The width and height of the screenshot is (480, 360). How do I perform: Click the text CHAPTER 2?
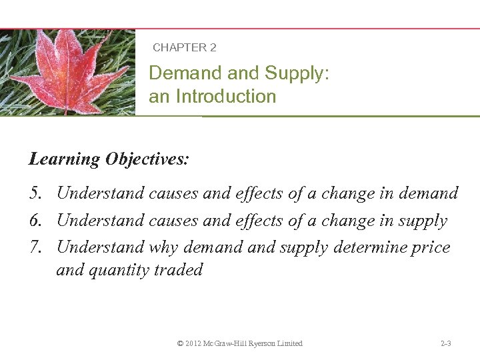click(x=184, y=48)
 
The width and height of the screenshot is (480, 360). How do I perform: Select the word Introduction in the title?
click(x=225, y=97)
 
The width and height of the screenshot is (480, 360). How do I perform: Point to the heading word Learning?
click(x=64, y=159)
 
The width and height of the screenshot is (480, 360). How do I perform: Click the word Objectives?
click(x=147, y=159)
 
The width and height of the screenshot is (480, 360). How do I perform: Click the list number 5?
click(x=36, y=193)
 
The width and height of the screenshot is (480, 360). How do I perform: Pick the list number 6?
click(x=36, y=221)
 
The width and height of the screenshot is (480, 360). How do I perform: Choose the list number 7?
click(x=36, y=247)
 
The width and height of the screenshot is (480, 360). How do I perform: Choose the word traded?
click(x=179, y=270)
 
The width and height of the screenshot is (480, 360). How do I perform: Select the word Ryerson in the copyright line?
click(x=260, y=343)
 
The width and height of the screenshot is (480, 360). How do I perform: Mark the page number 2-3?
click(x=446, y=343)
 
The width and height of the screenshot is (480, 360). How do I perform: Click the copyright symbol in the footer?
click(x=180, y=343)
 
